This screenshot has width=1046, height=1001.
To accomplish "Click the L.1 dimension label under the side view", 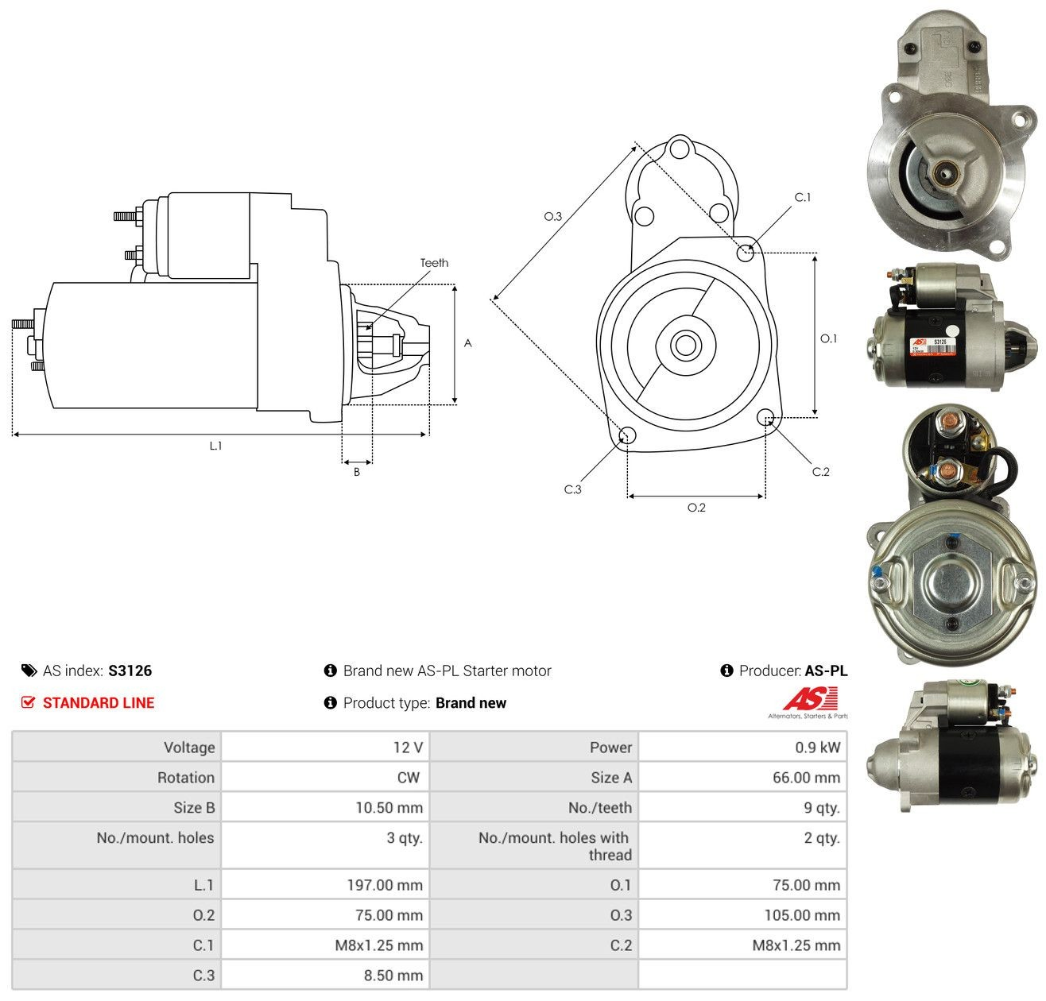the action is [215, 446].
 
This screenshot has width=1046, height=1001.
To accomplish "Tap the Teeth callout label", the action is [434, 263].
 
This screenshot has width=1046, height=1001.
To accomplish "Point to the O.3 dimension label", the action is [553, 216].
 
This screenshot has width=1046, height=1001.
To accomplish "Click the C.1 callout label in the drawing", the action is [803, 197].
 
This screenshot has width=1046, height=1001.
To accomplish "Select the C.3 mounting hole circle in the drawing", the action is [627, 435].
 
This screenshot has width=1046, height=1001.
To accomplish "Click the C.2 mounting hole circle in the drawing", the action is [765, 416].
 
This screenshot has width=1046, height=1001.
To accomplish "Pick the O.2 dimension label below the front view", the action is [696, 508].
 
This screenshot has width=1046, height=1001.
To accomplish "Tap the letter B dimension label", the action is [357, 472].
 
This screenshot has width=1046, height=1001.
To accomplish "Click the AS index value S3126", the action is [130, 671].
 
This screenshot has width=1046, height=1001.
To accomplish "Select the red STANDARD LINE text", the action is [99, 703].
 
